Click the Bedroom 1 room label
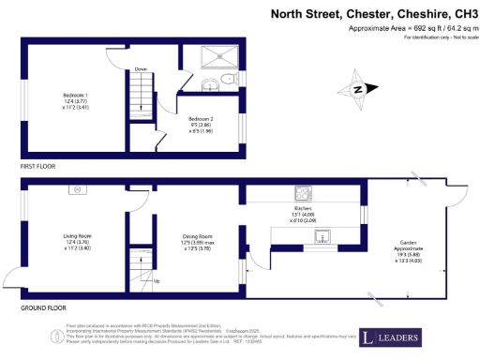[75, 102]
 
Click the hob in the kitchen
[305, 194]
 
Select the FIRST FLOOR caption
[38, 165]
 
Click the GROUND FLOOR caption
[43, 307]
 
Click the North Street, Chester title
[374, 14]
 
